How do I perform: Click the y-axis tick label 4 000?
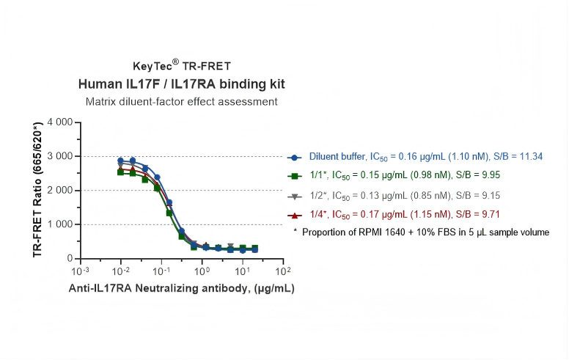tap(60, 122)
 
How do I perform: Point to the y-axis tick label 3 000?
tap(60, 156)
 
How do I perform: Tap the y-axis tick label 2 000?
tap(60, 191)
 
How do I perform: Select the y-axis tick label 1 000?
tap(60, 224)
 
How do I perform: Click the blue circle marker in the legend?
tap(294, 157)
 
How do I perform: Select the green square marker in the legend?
tap(294, 176)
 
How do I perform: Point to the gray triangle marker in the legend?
tap(294, 196)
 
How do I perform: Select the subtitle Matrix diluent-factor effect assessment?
tap(181, 101)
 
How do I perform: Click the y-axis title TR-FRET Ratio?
tap(37, 189)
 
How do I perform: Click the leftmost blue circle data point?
tap(121, 161)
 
